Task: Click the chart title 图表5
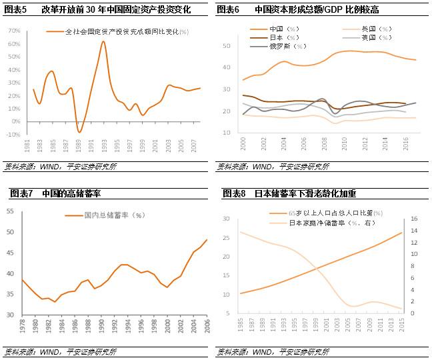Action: [15, 10]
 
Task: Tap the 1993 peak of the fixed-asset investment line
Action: [103, 41]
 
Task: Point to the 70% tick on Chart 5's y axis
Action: [12, 31]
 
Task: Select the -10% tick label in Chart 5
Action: [11, 134]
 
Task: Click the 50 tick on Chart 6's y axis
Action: [226, 46]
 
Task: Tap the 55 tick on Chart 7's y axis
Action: [10, 211]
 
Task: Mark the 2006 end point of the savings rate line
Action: [206, 240]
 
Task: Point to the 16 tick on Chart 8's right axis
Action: [415, 219]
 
